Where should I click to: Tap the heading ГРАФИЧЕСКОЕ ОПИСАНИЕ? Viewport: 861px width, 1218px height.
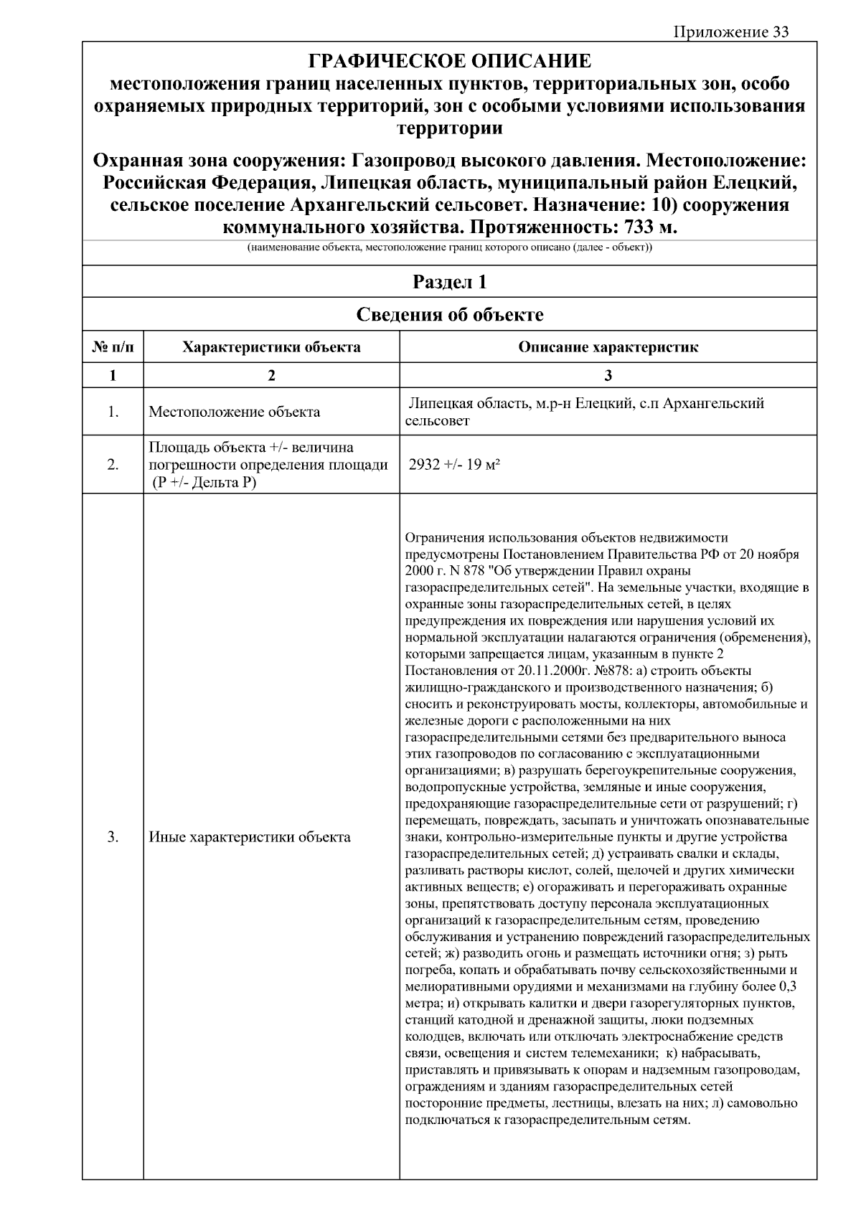[449, 60]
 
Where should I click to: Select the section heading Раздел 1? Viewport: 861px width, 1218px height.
[449, 282]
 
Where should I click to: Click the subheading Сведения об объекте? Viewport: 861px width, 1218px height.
[449, 314]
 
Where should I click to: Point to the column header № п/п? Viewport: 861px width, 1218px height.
[113, 347]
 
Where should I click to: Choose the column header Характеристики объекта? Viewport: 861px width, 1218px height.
[271, 347]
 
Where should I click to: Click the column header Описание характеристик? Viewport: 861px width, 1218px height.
[608, 347]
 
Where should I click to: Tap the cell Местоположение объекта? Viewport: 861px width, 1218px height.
[234, 412]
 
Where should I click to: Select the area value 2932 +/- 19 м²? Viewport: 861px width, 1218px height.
[453, 464]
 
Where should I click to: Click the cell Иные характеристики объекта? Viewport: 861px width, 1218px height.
[249, 836]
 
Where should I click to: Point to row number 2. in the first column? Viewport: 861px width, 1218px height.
[113, 464]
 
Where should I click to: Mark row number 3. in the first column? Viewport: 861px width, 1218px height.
[113, 836]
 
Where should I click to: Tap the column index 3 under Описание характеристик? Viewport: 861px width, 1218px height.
[608, 375]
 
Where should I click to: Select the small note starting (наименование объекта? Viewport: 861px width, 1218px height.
[449, 248]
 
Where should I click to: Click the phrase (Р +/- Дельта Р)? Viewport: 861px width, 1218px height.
[203, 482]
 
